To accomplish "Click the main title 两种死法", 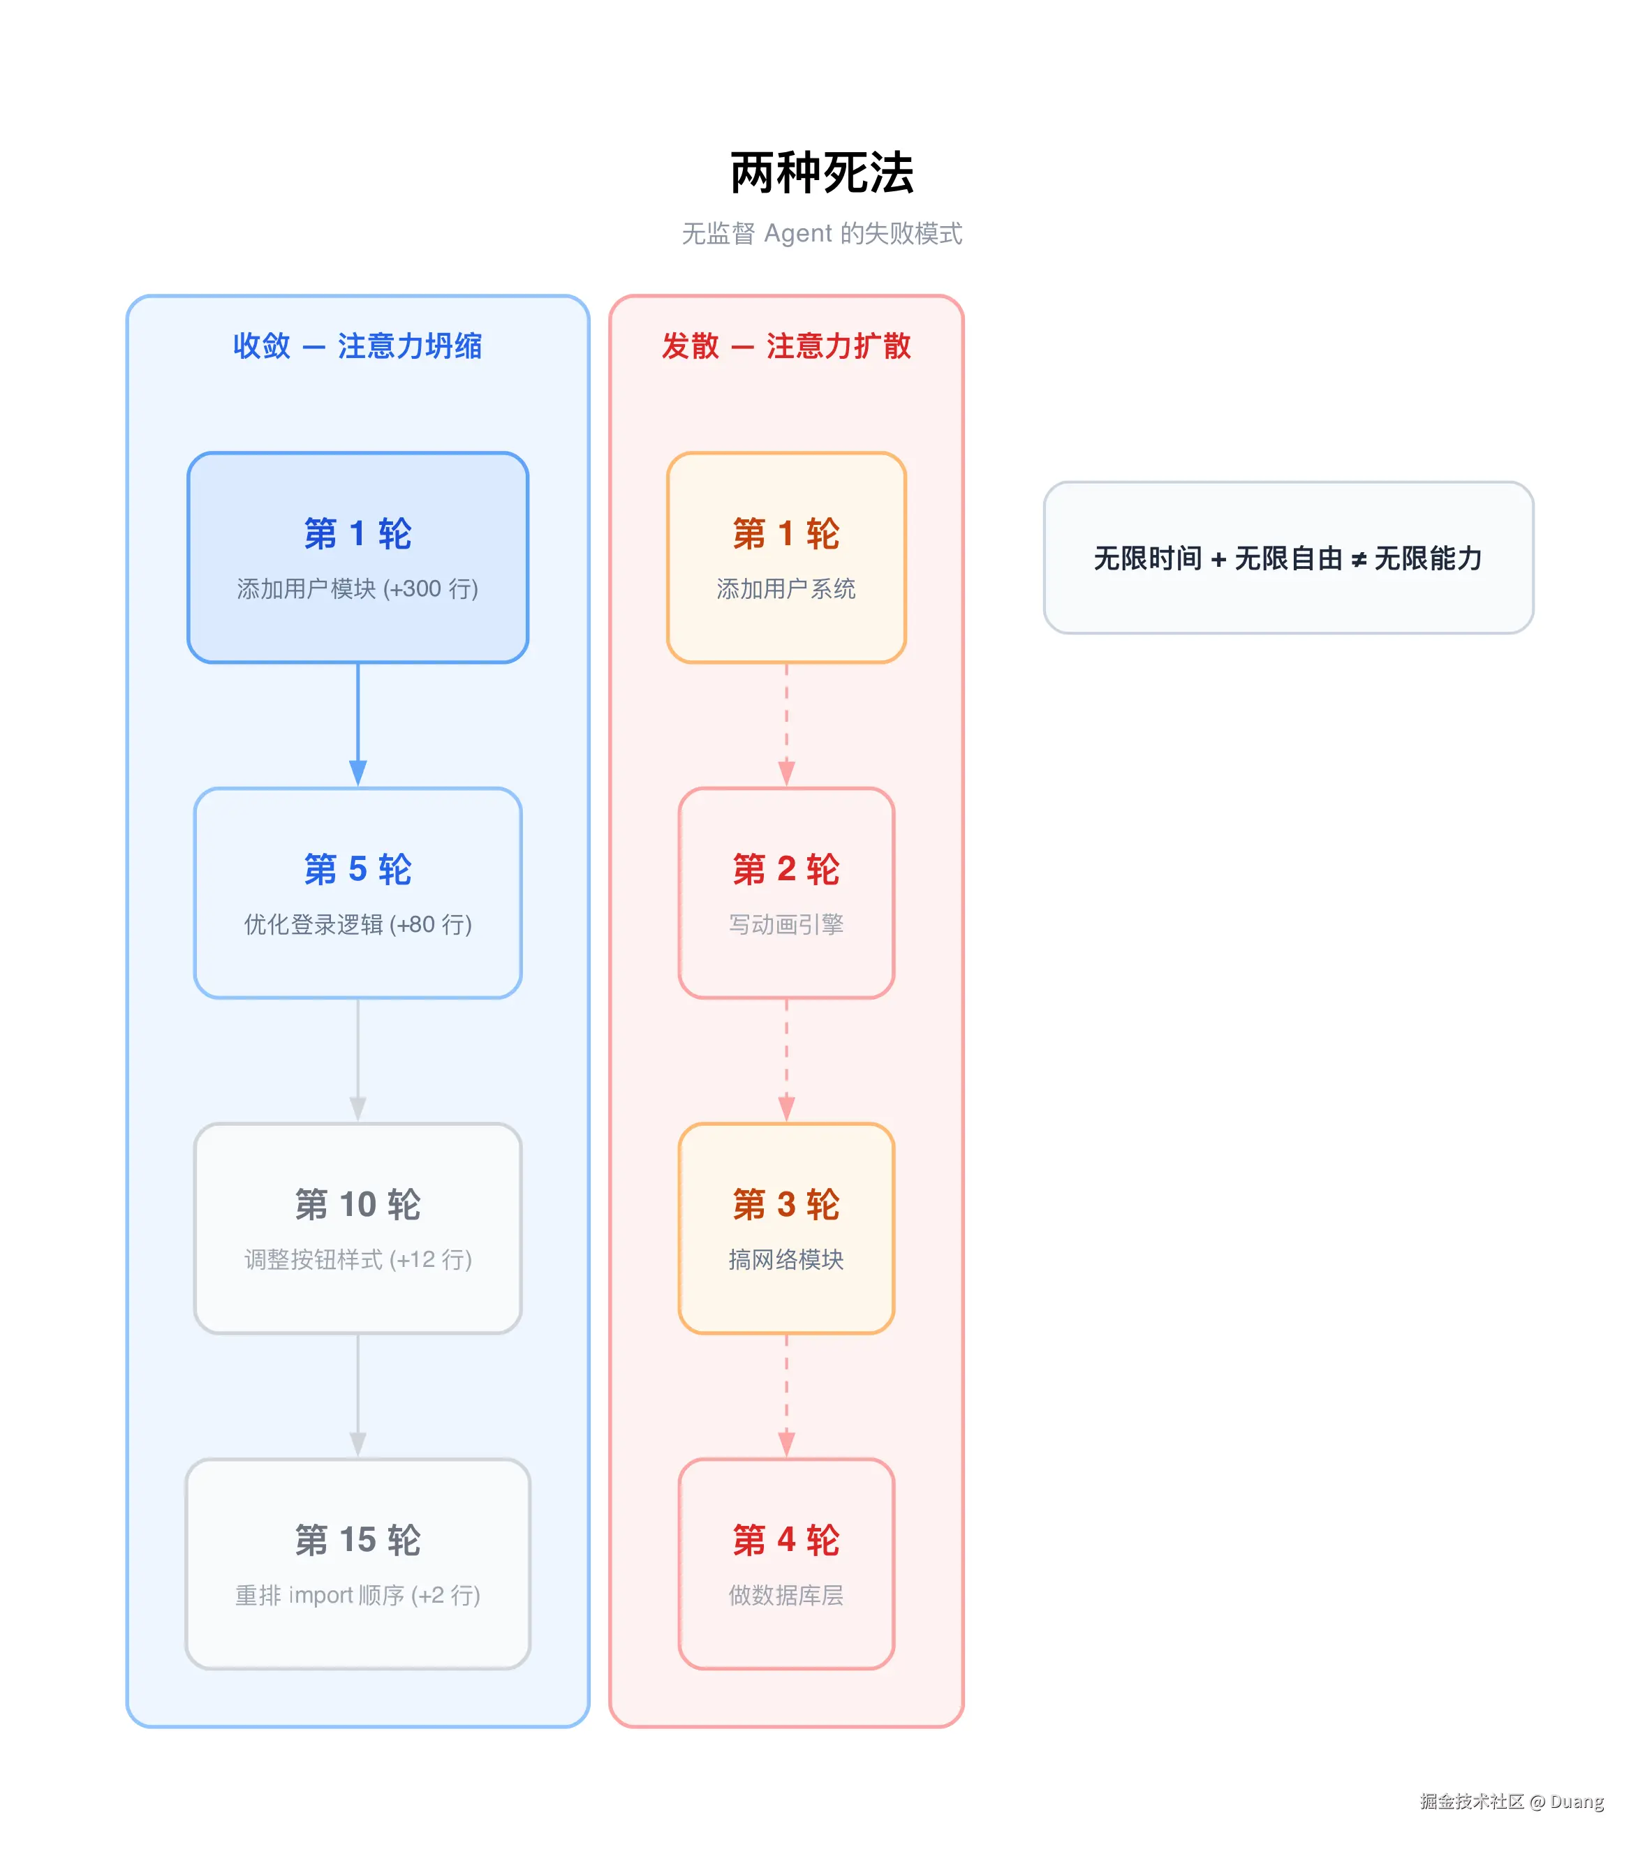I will coord(821,172).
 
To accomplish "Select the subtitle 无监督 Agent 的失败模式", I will coord(821,234).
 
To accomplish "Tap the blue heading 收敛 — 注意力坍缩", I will coord(357,346).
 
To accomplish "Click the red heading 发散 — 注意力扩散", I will coord(785,346).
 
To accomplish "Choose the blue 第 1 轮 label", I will coord(357,533).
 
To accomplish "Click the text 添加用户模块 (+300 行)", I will coord(357,588).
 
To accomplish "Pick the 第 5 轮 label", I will coord(357,869).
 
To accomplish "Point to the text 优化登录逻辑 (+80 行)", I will coord(357,924).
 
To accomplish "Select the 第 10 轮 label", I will coord(357,1205).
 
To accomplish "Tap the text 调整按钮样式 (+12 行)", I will coord(357,1260).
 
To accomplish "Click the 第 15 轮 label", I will coord(357,1540).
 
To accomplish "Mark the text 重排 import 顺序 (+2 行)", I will coord(357,1596).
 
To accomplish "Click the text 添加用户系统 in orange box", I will coord(785,588).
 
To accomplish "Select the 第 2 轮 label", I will coord(785,869).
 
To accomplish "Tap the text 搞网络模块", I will coord(785,1260).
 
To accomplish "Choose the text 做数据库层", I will coord(785,1596).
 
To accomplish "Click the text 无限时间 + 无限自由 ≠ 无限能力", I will coord(1288,558).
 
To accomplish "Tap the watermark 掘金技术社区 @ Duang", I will coord(1512,1802).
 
